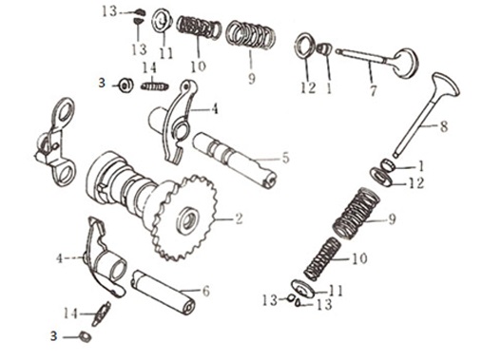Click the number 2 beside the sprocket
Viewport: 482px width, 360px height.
point(238,218)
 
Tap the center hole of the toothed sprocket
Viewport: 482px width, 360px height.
point(190,218)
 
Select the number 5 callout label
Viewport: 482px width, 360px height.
point(286,158)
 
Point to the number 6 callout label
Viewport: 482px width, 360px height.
point(206,291)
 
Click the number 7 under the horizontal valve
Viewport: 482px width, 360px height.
point(374,90)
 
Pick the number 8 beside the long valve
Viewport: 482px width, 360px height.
point(444,126)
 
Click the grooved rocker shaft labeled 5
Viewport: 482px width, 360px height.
point(235,160)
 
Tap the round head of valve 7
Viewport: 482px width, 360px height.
point(406,64)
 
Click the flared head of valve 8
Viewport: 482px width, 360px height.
point(445,85)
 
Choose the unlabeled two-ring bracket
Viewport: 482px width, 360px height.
point(56,142)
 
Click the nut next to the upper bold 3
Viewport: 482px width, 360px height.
point(125,85)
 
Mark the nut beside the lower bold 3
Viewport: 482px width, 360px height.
point(85,336)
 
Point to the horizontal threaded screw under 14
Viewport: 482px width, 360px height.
point(155,86)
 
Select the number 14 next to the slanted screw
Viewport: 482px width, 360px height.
point(70,313)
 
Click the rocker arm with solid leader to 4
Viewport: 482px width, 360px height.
point(179,122)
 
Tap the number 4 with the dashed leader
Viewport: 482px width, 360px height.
point(60,258)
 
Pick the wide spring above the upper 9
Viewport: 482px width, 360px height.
point(250,35)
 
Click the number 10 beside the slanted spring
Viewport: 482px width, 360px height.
point(359,258)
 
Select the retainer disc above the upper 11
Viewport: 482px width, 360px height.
point(163,22)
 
